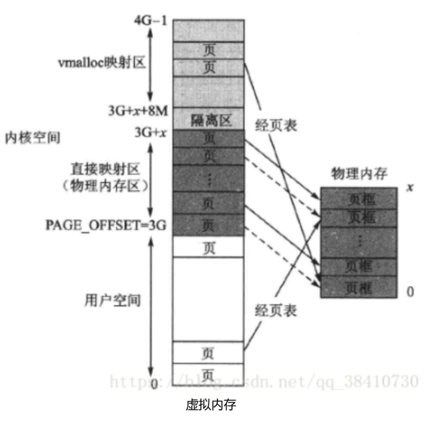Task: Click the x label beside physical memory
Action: (410, 187)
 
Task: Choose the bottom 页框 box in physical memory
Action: (359, 287)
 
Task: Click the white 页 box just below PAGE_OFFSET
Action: (209, 247)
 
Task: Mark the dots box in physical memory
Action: (359, 242)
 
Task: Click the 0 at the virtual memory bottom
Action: (154, 384)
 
